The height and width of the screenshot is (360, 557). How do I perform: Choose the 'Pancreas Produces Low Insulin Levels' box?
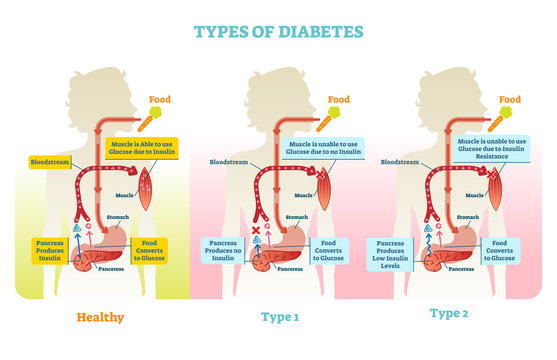(392, 253)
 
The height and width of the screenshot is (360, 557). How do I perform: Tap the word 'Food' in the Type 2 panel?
(510, 99)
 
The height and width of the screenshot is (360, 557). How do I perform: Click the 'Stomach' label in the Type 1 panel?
(296, 216)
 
